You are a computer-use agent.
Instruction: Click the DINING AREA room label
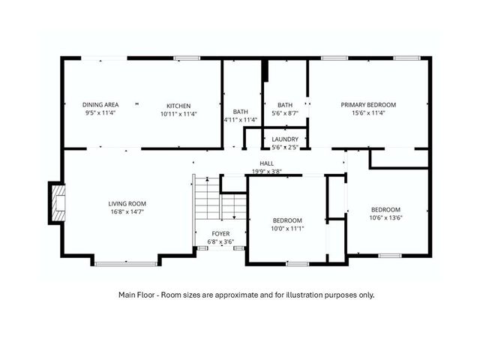coord(100,105)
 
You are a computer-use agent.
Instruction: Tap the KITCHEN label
coord(178,106)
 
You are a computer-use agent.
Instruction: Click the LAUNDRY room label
coord(285,139)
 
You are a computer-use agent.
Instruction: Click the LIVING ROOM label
coord(127,203)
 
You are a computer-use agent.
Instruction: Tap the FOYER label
coord(220,233)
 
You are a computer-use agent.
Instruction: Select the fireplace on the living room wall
coord(56,202)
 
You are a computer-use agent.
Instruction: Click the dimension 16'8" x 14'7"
coord(127,212)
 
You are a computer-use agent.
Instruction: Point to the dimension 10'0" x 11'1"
coord(286,229)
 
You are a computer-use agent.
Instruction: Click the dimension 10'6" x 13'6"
coord(385,218)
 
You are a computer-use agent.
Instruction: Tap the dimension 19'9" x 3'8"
coord(267,171)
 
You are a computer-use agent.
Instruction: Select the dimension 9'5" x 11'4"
coord(100,114)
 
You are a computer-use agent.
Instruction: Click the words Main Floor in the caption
coord(135,295)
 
